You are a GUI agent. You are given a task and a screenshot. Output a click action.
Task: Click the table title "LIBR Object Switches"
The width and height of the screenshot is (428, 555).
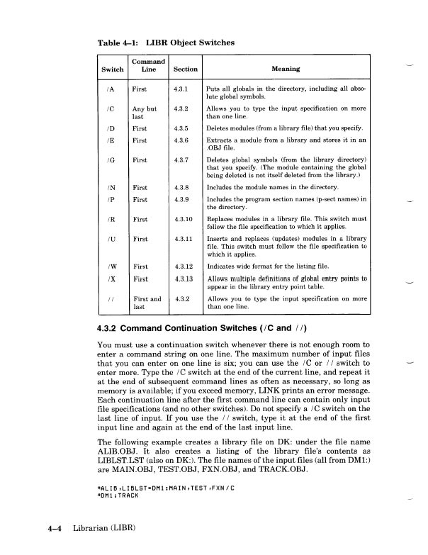click(x=190, y=43)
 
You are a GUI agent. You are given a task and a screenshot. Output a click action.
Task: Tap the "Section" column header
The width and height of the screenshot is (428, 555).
click(x=186, y=69)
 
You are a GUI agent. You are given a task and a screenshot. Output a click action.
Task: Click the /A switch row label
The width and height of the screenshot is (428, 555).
click(x=107, y=90)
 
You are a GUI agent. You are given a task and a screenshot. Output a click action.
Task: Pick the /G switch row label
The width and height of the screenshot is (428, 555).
click(x=107, y=160)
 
